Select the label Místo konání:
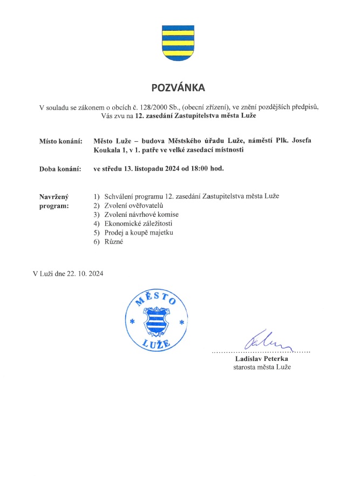(x=60, y=141)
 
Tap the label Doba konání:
(x=60, y=169)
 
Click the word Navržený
(x=55, y=197)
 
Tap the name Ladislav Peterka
(x=262, y=358)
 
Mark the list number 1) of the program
(x=97, y=196)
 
